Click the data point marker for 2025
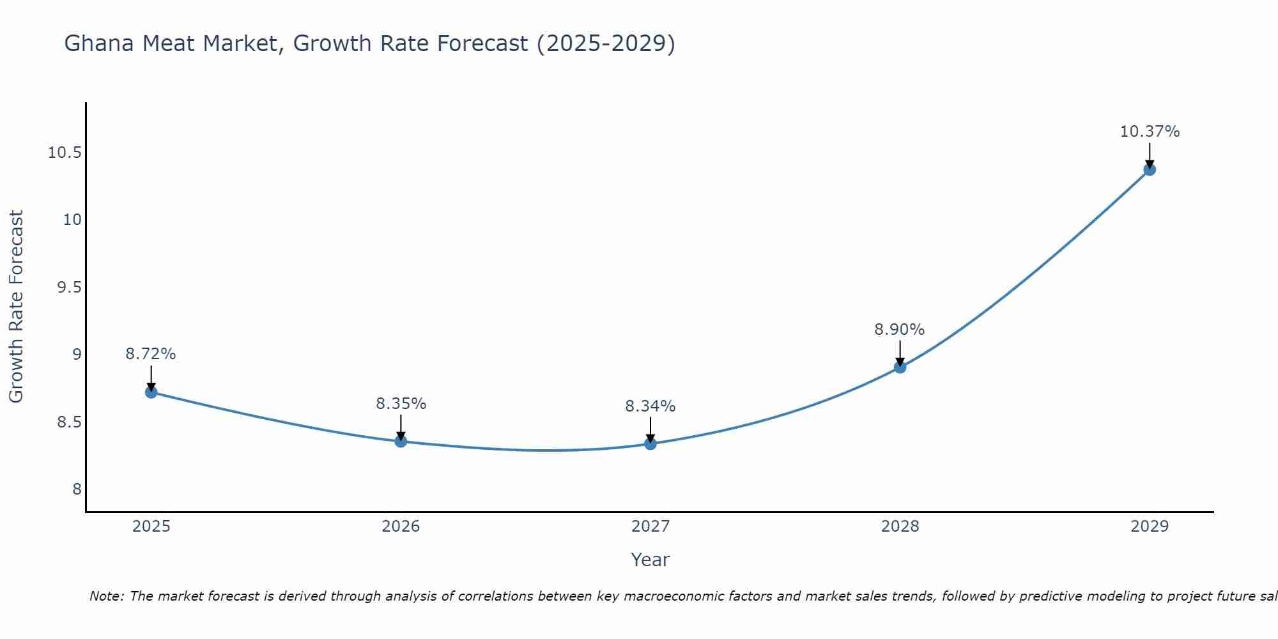click(151, 392)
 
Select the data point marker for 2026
click(401, 441)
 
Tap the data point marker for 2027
click(651, 443)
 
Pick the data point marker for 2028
click(900, 367)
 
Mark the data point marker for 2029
click(1150, 169)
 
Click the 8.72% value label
click(151, 353)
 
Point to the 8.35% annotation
click(401, 403)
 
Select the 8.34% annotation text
click(651, 406)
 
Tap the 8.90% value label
click(900, 329)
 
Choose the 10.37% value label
click(1150, 131)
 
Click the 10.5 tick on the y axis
click(65, 152)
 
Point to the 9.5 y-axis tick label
click(70, 287)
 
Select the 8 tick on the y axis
click(77, 489)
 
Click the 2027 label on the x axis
click(651, 526)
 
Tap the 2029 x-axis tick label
click(1150, 526)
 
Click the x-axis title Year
click(651, 559)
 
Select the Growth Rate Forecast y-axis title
click(17, 307)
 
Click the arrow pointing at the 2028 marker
click(900, 353)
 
